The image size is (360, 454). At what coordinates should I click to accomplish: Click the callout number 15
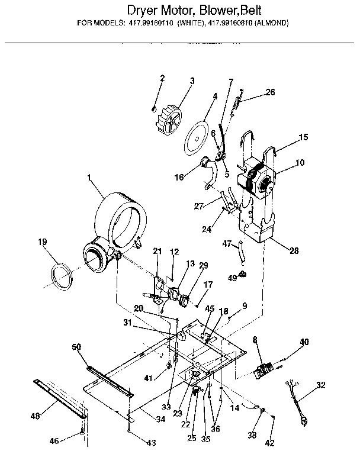pyautogui.click(x=303, y=137)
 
